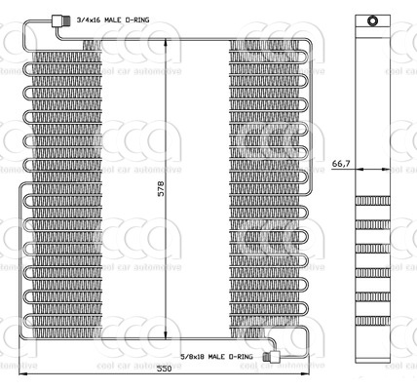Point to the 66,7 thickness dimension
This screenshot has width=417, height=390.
tap(341, 163)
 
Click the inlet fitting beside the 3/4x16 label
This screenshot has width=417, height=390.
tap(64, 20)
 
